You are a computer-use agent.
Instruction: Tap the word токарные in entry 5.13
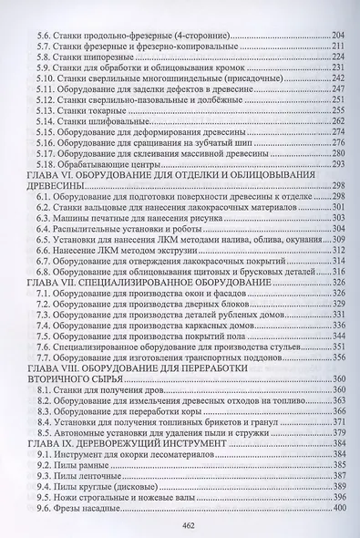(114, 109)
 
